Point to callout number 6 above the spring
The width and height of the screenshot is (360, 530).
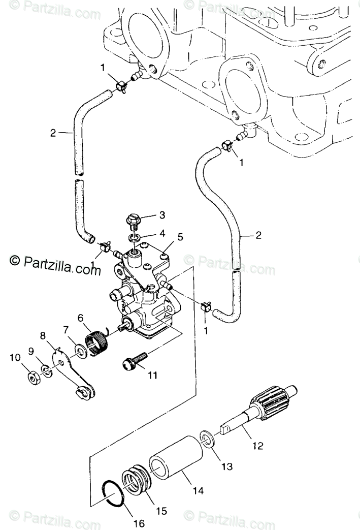coord(80,318)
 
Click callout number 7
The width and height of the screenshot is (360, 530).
coord(66,330)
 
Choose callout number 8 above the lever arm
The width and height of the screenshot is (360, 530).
coord(43,335)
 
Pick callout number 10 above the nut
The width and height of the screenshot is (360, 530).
coord(15,358)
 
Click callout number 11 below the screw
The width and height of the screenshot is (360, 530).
coord(152,376)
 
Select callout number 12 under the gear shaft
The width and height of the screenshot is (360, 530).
coord(257,446)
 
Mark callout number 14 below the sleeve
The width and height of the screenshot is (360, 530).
coord(198,491)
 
